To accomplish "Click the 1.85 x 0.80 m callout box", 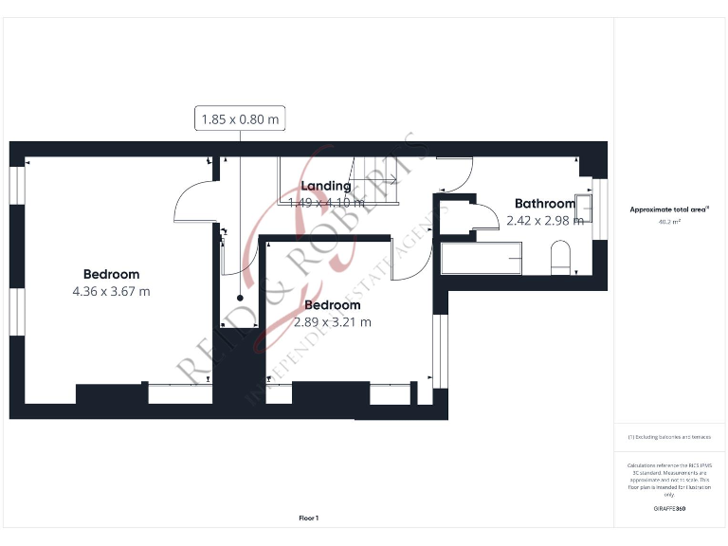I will (x=241, y=119).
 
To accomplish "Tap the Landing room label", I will (x=325, y=186).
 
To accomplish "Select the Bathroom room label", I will (x=544, y=204).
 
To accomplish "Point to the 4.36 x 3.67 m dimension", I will (x=111, y=292).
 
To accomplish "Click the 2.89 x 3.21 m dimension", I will (x=332, y=322).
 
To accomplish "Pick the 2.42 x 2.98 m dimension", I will (x=544, y=221).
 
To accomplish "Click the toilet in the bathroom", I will (x=560, y=257).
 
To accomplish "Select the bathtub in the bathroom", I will (x=482, y=258).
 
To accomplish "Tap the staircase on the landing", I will (x=341, y=180).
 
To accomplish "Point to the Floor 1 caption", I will (x=309, y=518).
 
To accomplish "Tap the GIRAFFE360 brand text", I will (x=669, y=509).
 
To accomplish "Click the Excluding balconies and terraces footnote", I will (x=669, y=437).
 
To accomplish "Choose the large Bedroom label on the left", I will (x=111, y=275).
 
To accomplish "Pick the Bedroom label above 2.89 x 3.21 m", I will (x=332, y=305).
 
